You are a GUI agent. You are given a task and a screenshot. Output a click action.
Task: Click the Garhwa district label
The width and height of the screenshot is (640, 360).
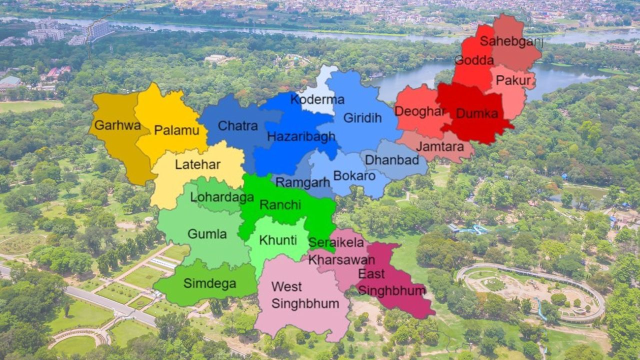(x=117, y=125)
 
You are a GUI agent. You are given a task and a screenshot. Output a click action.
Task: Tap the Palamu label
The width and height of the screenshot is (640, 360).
(x=173, y=130)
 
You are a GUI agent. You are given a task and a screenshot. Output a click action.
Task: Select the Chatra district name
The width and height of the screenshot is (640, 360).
(x=238, y=126)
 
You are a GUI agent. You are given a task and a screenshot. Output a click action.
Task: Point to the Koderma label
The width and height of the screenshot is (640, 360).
(x=317, y=99)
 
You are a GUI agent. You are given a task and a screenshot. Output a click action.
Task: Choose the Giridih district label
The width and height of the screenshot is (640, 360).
(x=362, y=118)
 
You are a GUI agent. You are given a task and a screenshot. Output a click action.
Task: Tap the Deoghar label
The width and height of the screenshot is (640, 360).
(x=419, y=111)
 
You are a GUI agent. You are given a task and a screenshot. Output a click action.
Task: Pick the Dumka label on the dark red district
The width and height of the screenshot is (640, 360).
(x=477, y=113)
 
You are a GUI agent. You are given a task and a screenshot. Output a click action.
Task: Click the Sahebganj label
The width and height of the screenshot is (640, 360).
(x=511, y=41)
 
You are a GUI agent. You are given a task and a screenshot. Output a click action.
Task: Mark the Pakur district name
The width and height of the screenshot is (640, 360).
(x=513, y=80)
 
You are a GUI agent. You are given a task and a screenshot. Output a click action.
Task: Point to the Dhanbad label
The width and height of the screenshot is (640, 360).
(x=392, y=160)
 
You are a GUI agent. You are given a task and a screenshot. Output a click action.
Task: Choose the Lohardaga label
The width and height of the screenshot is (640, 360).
(x=222, y=197)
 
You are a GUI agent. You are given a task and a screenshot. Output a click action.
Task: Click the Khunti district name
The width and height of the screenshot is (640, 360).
(x=277, y=240)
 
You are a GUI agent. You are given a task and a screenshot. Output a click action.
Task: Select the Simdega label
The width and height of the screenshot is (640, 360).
(x=209, y=283)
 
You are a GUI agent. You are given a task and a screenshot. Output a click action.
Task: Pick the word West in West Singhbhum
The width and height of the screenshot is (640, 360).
(x=286, y=287)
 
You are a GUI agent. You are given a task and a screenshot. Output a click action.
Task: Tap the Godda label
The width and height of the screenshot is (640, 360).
(x=467, y=60)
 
